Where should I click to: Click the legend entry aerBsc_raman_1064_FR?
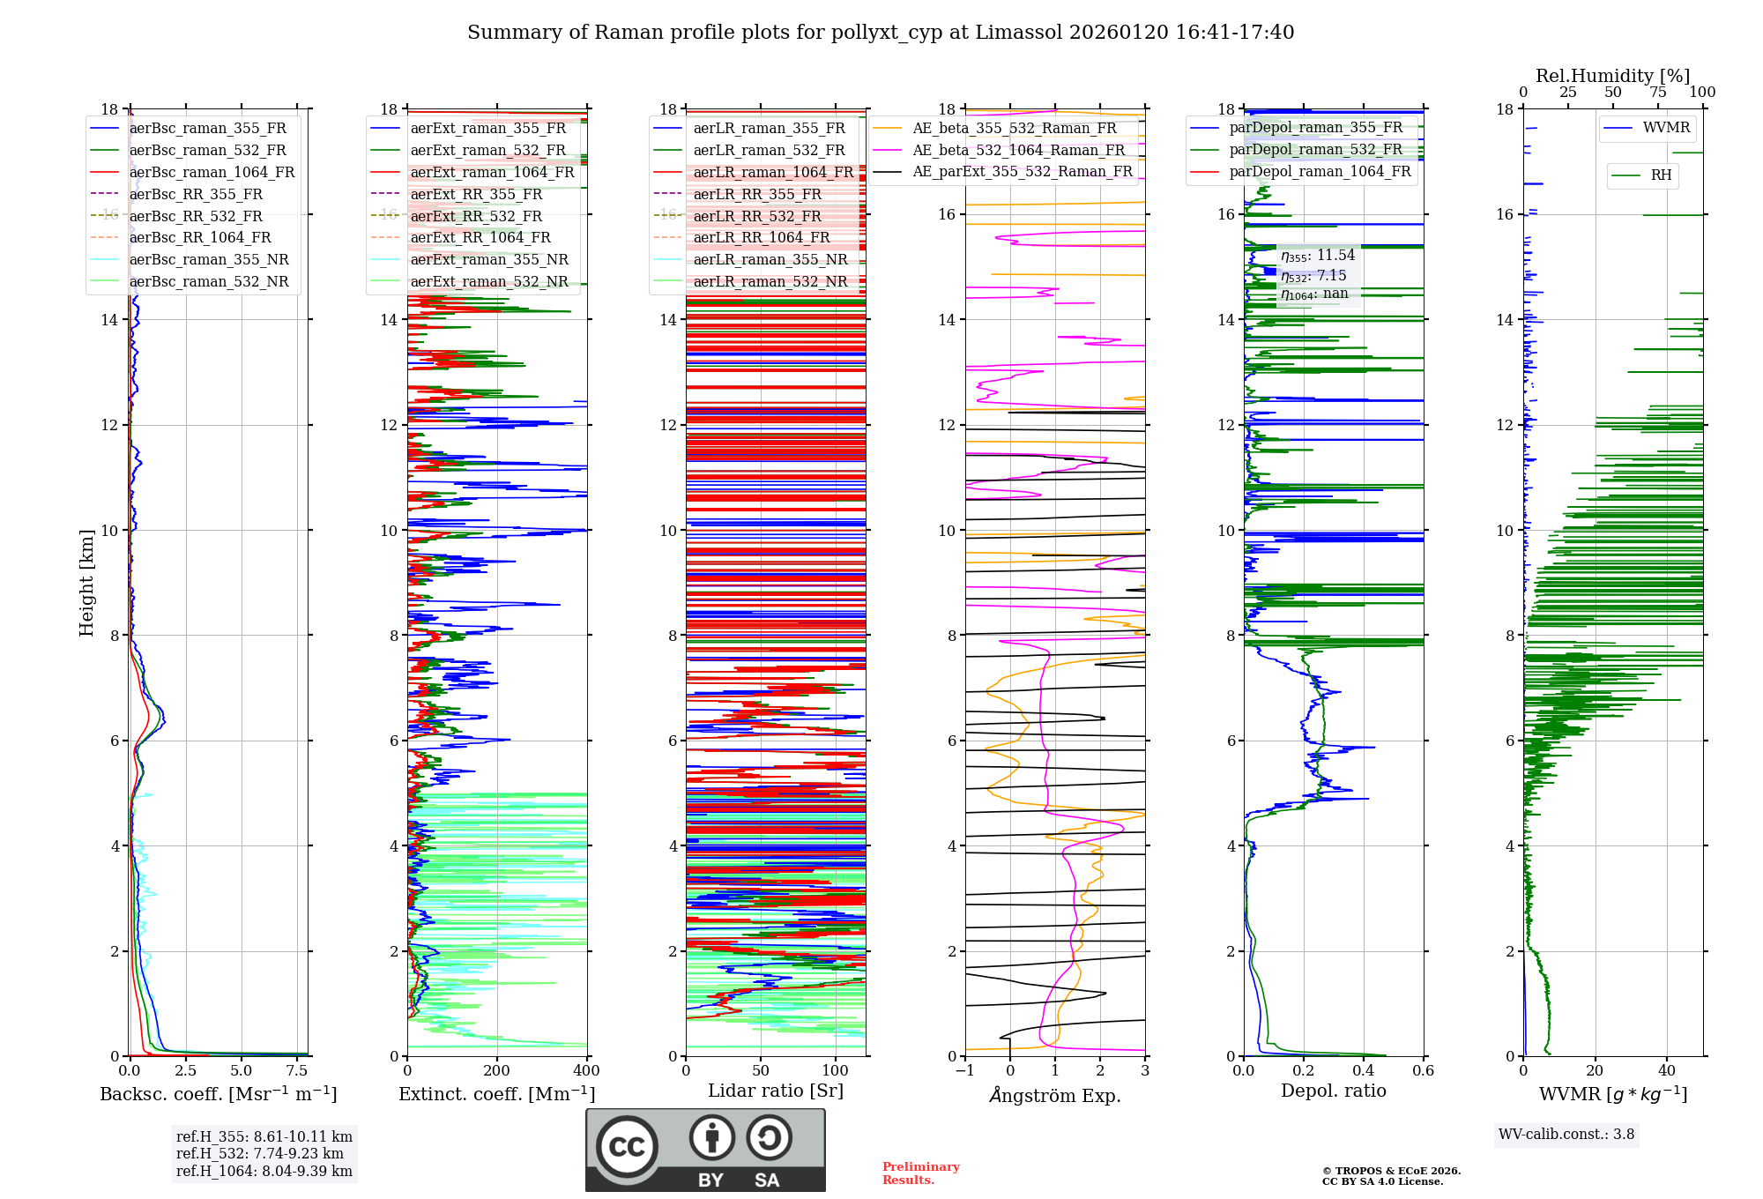212,173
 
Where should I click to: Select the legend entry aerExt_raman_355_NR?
489,260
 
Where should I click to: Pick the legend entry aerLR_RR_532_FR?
756,216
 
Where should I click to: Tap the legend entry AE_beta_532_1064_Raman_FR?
1018,151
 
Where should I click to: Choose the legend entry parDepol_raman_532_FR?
1315,150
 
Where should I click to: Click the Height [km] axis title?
86,583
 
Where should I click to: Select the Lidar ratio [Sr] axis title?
776,1091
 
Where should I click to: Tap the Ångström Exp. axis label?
1055,1096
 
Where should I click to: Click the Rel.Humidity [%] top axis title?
1612,76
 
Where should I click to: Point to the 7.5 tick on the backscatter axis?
297,1071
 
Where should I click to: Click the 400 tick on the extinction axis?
587,1071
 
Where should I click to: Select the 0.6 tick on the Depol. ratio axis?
1423,1071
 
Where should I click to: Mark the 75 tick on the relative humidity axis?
1658,92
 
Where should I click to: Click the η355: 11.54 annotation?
1318,256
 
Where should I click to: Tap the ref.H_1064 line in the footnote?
264,1171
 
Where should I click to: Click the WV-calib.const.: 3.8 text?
1566,1135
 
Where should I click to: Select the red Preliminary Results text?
920,1173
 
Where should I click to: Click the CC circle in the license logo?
627,1146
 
